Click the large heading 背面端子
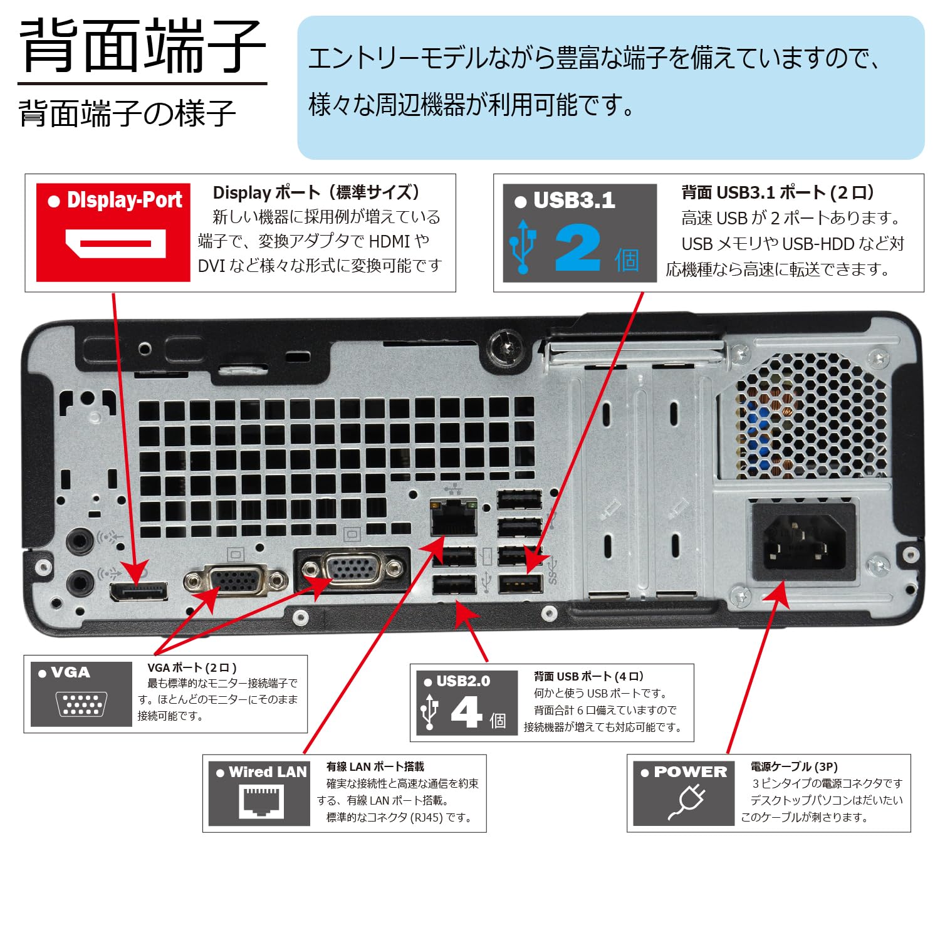pyautogui.click(x=143, y=46)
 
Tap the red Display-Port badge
pyautogui.click(x=113, y=232)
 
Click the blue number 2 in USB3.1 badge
pyautogui.click(x=577, y=248)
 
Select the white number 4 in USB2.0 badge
pyautogui.click(x=467, y=713)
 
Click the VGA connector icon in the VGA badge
pyautogui.click(x=81, y=704)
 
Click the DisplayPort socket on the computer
pyautogui.click(x=139, y=591)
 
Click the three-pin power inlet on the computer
pyautogui.click(x=804, y=543)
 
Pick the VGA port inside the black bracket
pyautogui.click(x=352, y=569)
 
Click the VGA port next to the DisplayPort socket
pyautogui.click(x=236, y=581)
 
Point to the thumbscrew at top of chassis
pyautogui.click(x=506, y=346)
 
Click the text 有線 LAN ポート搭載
pyautogui.click(x=375, y=766)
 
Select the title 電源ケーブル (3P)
pyautogui.click(x=794, y=766)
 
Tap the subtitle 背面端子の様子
pyautogui.click(x=127, y=113)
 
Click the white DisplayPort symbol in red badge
pyautogui.click(x=116, y=244)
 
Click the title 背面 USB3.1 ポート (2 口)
pyautogui.click(x=777, y=192)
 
